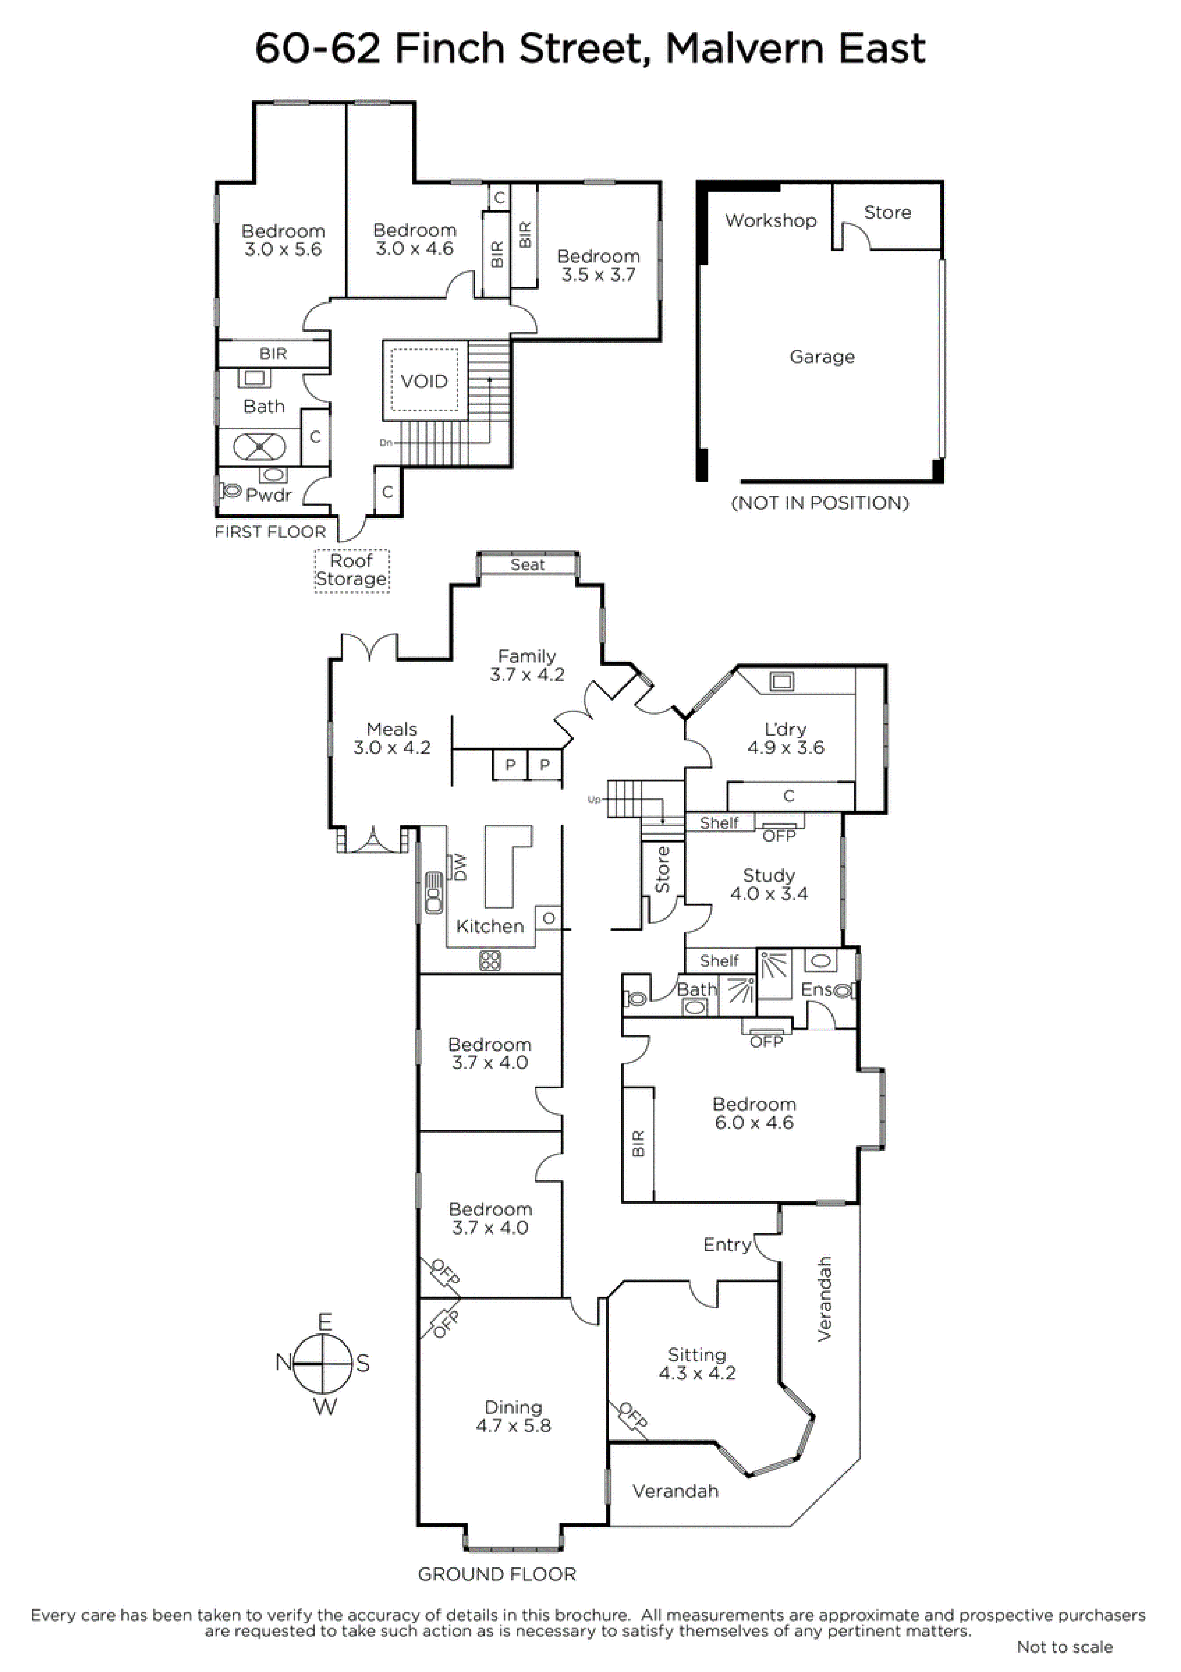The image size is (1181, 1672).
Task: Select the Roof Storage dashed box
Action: point(352,571)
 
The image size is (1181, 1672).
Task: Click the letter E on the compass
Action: point(325,1322)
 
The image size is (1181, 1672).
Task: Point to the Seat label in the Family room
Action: point(527,564)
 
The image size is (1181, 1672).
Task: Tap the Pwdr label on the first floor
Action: point(269,495)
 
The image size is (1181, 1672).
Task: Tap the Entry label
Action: point(727,1245)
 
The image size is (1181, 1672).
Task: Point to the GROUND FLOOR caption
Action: point(497,1574)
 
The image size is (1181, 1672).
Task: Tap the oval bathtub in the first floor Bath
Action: point(259,446)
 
